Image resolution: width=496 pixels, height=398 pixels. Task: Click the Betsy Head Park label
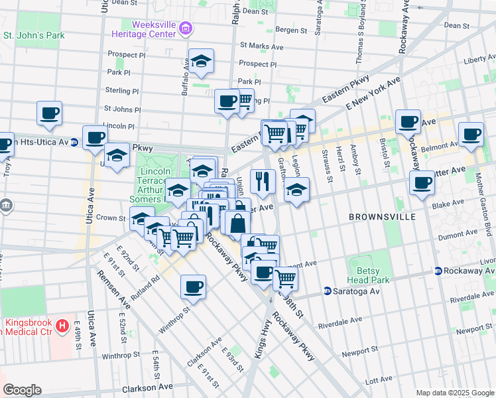[363, 275]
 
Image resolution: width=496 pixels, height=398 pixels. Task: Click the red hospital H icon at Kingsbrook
[62, 326]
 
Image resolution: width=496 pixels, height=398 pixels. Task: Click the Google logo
[22, 390]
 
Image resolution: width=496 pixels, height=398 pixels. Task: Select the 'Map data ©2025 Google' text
[455, 393]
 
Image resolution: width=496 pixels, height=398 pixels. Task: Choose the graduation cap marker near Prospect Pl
[201, 61]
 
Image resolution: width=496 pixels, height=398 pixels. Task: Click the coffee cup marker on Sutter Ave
[422, 182]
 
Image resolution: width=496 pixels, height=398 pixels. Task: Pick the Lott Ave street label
[379, 380]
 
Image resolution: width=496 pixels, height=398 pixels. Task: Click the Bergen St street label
[291, 30]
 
